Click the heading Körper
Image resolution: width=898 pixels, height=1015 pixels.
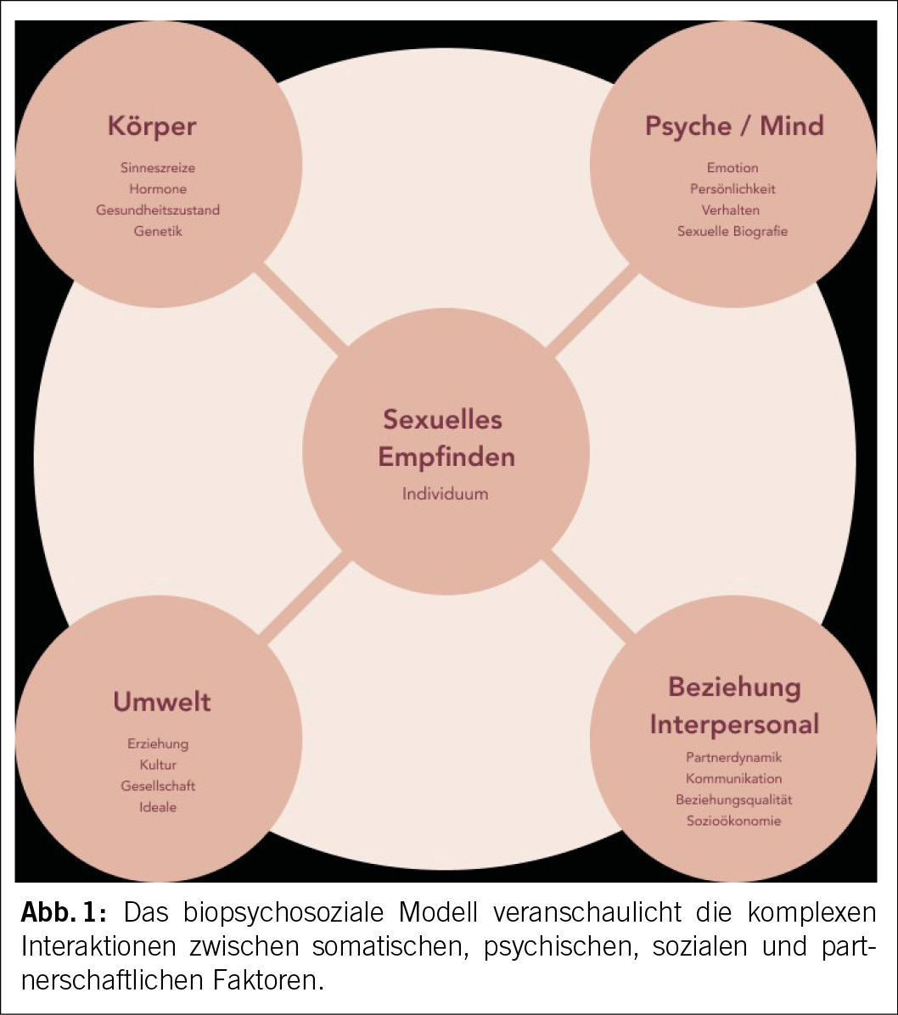[152, 126]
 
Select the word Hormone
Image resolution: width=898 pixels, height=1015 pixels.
[158, 189]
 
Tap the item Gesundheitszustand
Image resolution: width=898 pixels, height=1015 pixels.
[158, 210]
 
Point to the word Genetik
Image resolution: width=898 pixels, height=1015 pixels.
[158, 230]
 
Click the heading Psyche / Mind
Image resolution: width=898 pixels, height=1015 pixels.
[734, 126]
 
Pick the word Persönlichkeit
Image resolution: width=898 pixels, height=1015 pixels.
[732, 188]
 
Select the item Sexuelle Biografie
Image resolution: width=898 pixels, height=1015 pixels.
[732, 231]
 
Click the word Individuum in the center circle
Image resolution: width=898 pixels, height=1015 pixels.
[446, 493]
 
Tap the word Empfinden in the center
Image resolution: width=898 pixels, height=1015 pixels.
[446, 457]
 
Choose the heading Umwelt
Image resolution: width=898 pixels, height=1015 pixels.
[162, 702]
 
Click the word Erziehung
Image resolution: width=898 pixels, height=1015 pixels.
[158, 743]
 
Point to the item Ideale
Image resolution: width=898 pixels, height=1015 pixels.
[158, 807]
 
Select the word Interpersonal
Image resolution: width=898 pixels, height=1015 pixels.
[734, 724]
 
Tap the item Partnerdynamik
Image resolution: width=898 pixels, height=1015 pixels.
[733, 757]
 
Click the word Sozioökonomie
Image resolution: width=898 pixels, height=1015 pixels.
[733, 821]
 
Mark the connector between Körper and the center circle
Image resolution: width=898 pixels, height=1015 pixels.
[304, 307]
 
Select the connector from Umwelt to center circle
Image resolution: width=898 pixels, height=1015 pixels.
[304, 594]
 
